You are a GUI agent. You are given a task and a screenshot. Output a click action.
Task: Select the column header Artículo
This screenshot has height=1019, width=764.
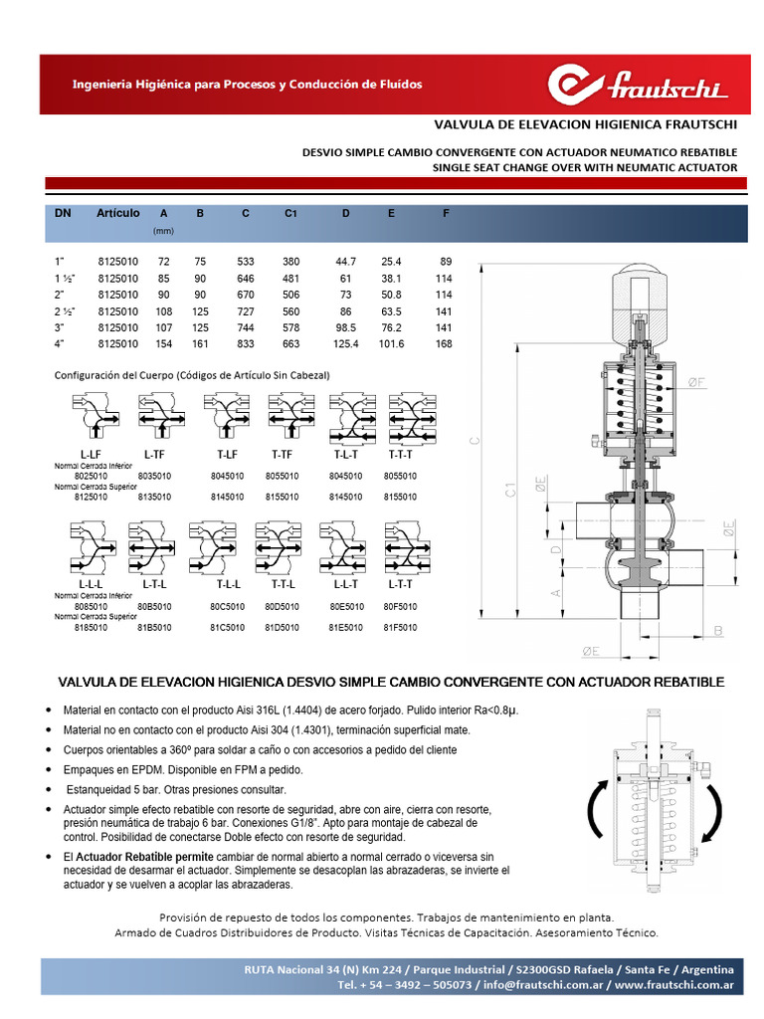click(x=117, y=214)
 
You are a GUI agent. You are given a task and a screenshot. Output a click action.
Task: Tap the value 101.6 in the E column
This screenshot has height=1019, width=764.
click(x=390, y=343)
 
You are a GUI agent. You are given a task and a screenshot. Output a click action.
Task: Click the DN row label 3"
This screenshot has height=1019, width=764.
click(x=60, y=327)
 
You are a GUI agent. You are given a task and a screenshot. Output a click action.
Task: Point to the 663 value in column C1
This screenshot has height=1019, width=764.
click(x=290, y=343)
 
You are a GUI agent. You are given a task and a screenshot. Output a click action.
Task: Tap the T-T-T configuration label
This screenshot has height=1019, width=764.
click(x=401, y=453)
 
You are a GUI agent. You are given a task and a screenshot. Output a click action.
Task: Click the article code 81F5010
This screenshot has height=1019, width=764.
click(x=401, y=628)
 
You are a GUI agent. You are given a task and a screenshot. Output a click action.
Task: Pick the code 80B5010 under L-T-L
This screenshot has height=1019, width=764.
click(x=154, y=605)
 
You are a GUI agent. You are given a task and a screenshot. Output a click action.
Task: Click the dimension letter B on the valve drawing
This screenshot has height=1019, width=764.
click(x=717, y=631)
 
